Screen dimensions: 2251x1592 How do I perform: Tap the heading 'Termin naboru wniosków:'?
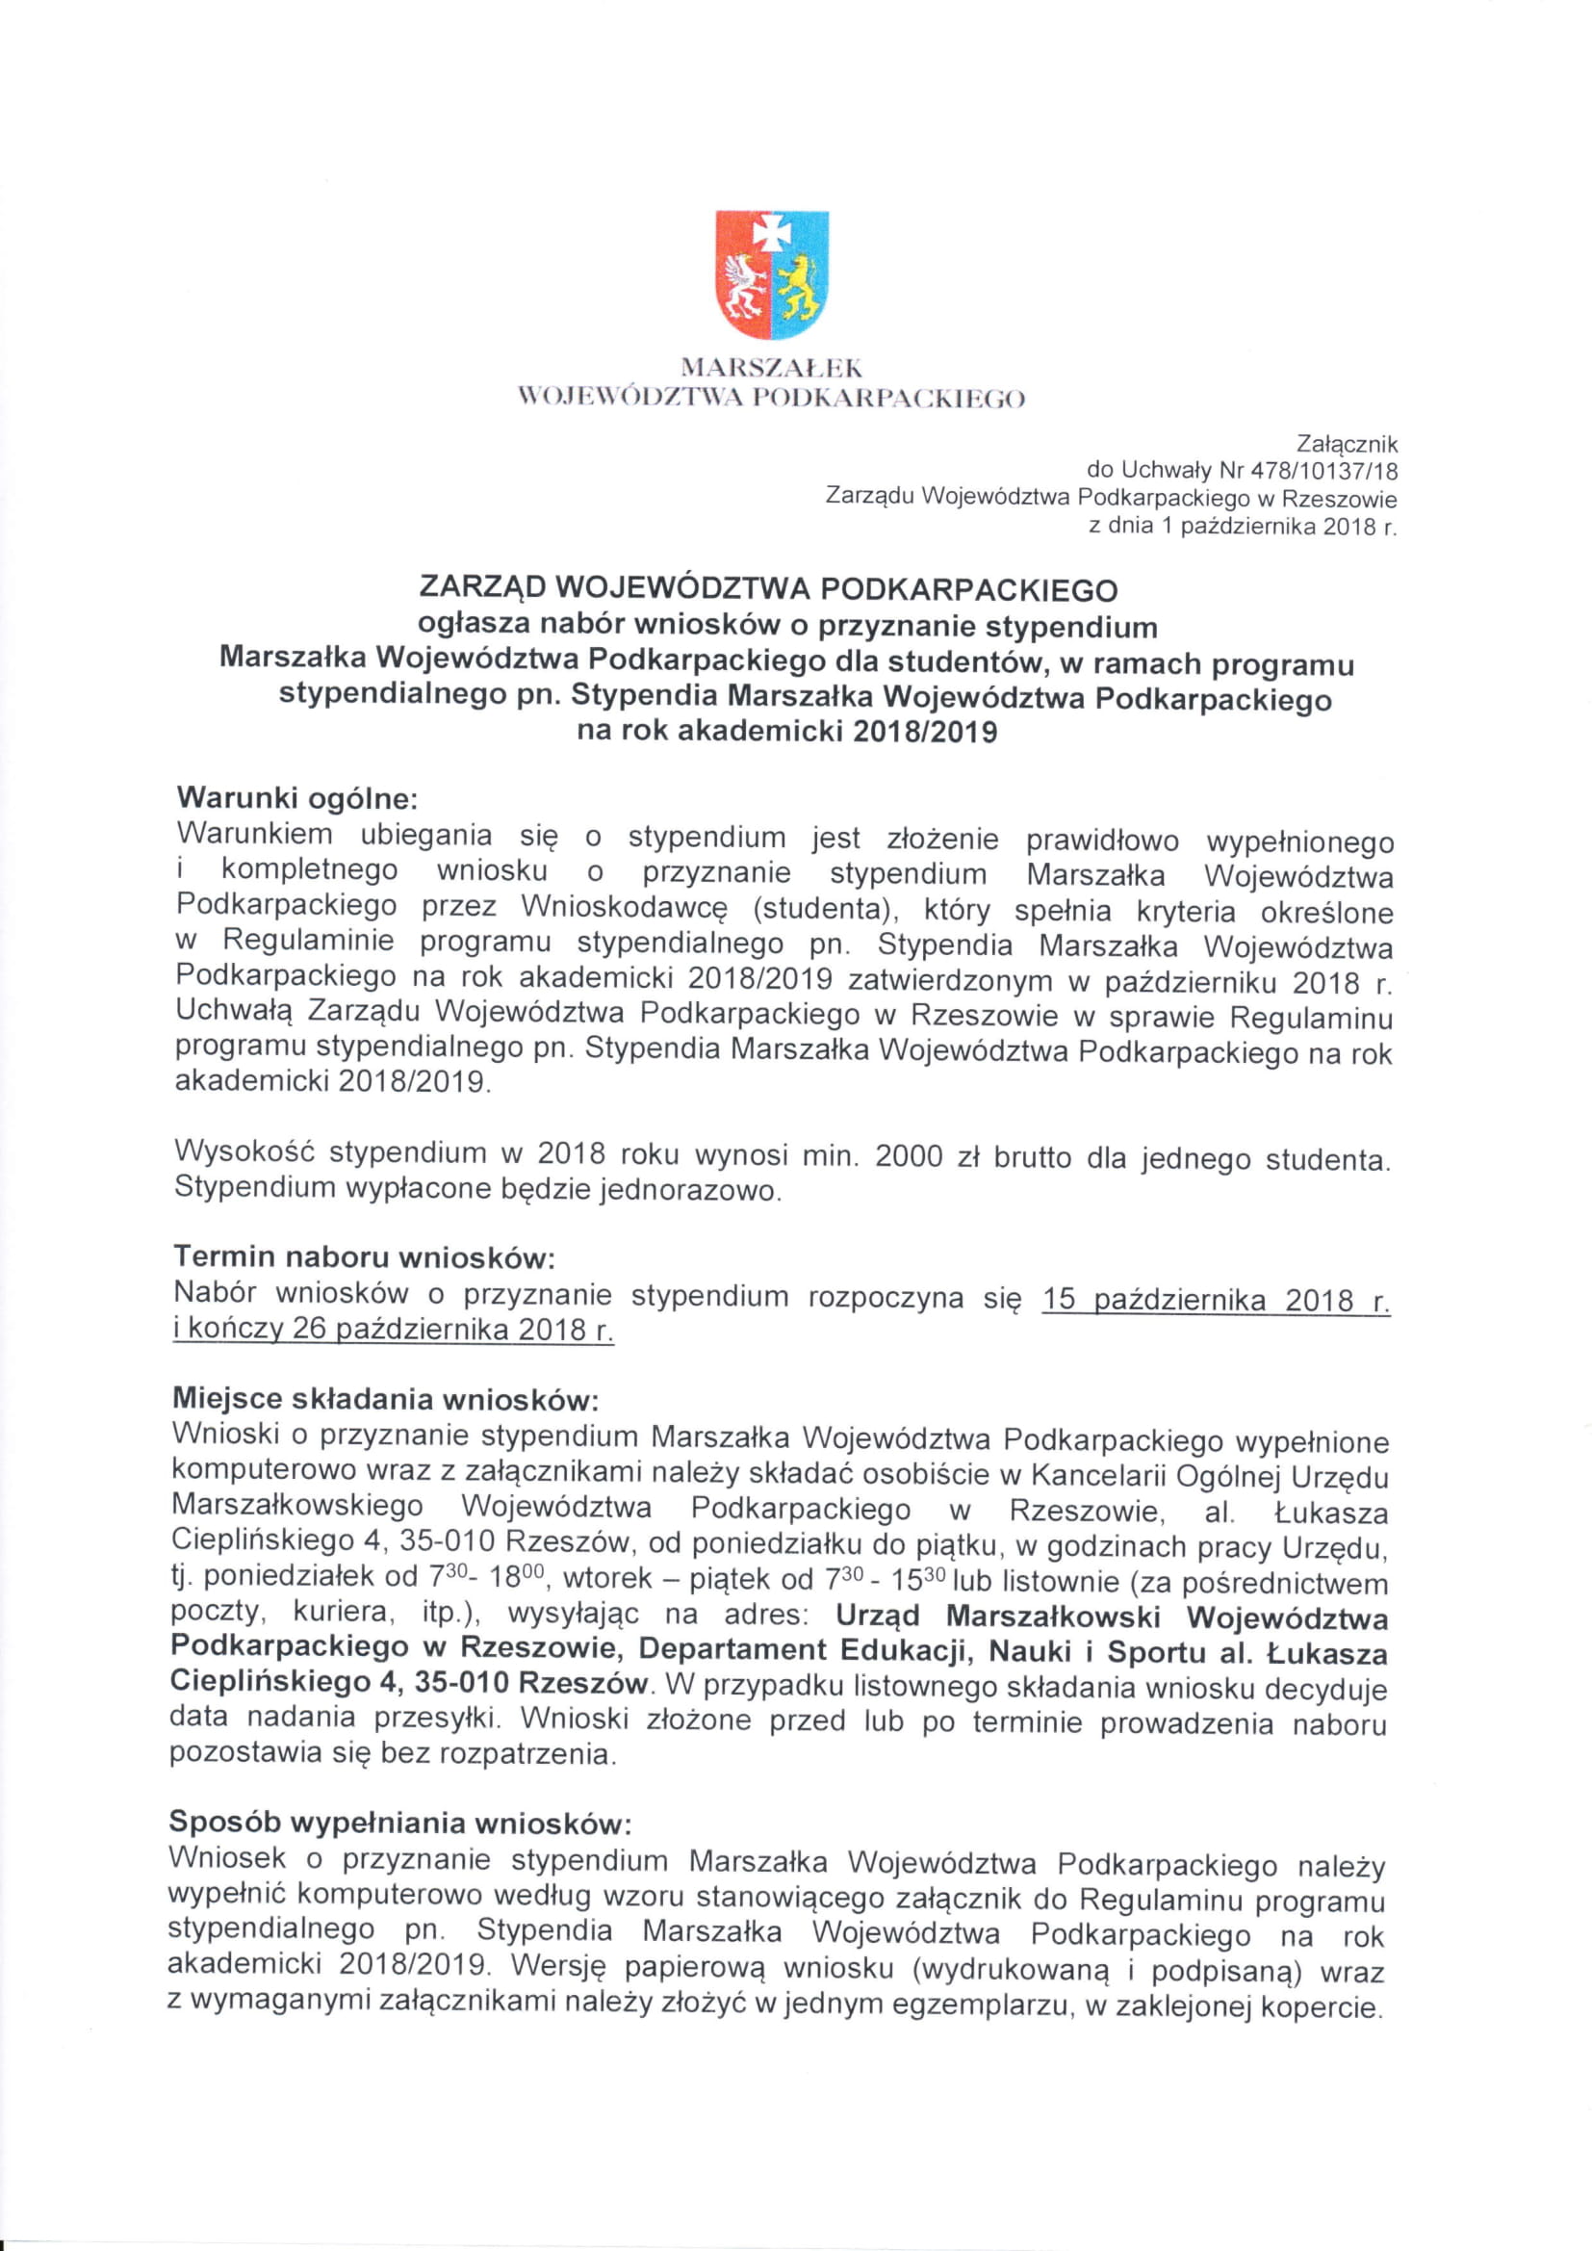click(365, 1257)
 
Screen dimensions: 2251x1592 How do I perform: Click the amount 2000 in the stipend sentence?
click(909, 1158)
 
